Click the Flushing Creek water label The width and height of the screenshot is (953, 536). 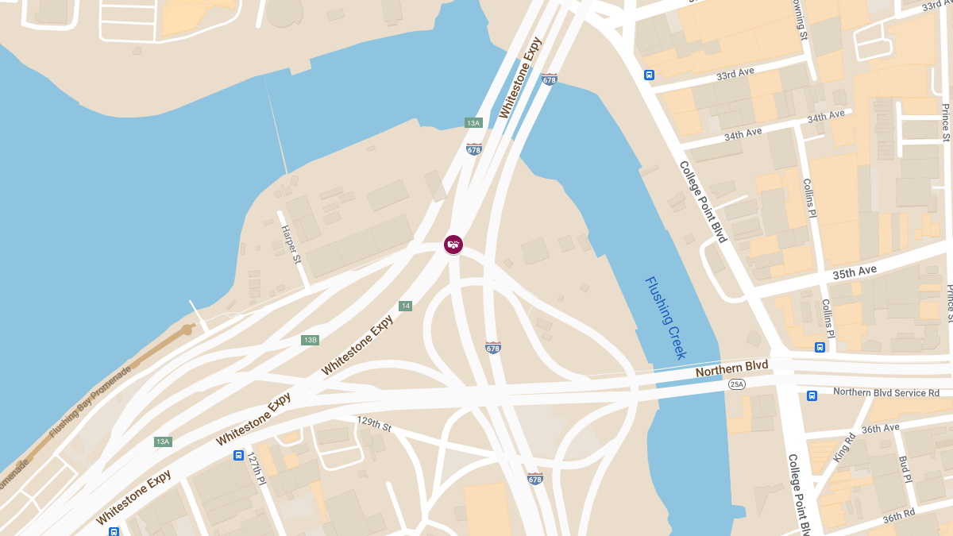click(666, 318)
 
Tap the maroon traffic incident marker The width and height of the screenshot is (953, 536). click(453, 244)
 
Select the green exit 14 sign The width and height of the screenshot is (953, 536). click(405, 306)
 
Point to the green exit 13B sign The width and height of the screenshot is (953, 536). click(310, 340)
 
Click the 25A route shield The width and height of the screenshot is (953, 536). click(737, 384)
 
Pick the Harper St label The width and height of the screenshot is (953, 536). click(291, 244)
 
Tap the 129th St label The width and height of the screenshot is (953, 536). click(374, 424)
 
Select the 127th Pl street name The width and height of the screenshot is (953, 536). click(256, 469)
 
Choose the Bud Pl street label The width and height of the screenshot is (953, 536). click(903, 469)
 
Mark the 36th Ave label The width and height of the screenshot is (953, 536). click(880, 428)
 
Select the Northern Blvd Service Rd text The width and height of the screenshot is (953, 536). click(885, 392)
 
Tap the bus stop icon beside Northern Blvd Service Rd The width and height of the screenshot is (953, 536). click(812, 395)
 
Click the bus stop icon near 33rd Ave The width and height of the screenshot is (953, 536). click(649, 75)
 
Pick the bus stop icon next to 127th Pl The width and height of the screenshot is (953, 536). click(238, 455)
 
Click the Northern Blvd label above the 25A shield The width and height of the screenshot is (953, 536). click(731, 369)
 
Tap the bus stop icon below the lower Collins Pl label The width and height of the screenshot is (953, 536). click(820, 347)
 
